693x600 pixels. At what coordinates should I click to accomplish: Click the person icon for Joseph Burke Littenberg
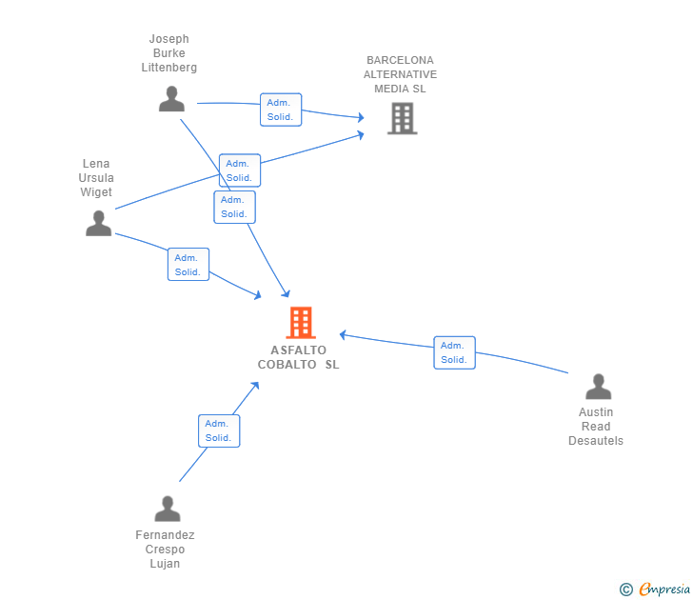point(171,99)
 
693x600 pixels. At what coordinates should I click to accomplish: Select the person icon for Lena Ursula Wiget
point(99,223)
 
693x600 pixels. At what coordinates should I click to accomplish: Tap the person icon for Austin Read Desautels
point(599,387)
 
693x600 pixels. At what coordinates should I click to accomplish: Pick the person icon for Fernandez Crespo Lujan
point(168,509)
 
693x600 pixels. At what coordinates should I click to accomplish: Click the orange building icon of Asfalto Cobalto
point(301,323)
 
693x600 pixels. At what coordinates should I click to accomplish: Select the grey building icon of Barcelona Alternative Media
point(402,118)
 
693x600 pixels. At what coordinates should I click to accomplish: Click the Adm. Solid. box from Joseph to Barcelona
point(281,110)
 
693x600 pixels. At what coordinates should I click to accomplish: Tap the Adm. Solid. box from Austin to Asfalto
point(454,352)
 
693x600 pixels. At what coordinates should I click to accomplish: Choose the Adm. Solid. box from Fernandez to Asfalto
point(219,430)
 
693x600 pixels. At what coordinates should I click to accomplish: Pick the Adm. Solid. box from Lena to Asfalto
point(188,265)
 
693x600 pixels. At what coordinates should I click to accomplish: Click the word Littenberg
point(168,68)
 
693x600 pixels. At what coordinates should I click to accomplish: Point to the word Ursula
point(96,178)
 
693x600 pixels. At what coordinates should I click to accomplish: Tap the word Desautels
point(595,441)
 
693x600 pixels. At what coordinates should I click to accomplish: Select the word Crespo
point(165,550)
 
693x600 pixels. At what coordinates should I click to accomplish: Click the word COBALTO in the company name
point(287,365)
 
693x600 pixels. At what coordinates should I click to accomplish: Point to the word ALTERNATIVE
point(400,74)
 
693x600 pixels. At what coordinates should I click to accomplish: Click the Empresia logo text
point(664,589)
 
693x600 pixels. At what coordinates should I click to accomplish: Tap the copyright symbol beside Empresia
point(625,590)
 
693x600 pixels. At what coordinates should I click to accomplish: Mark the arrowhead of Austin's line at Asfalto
point(343,334)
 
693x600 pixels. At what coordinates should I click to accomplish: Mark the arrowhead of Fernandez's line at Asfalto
point(255,386)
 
